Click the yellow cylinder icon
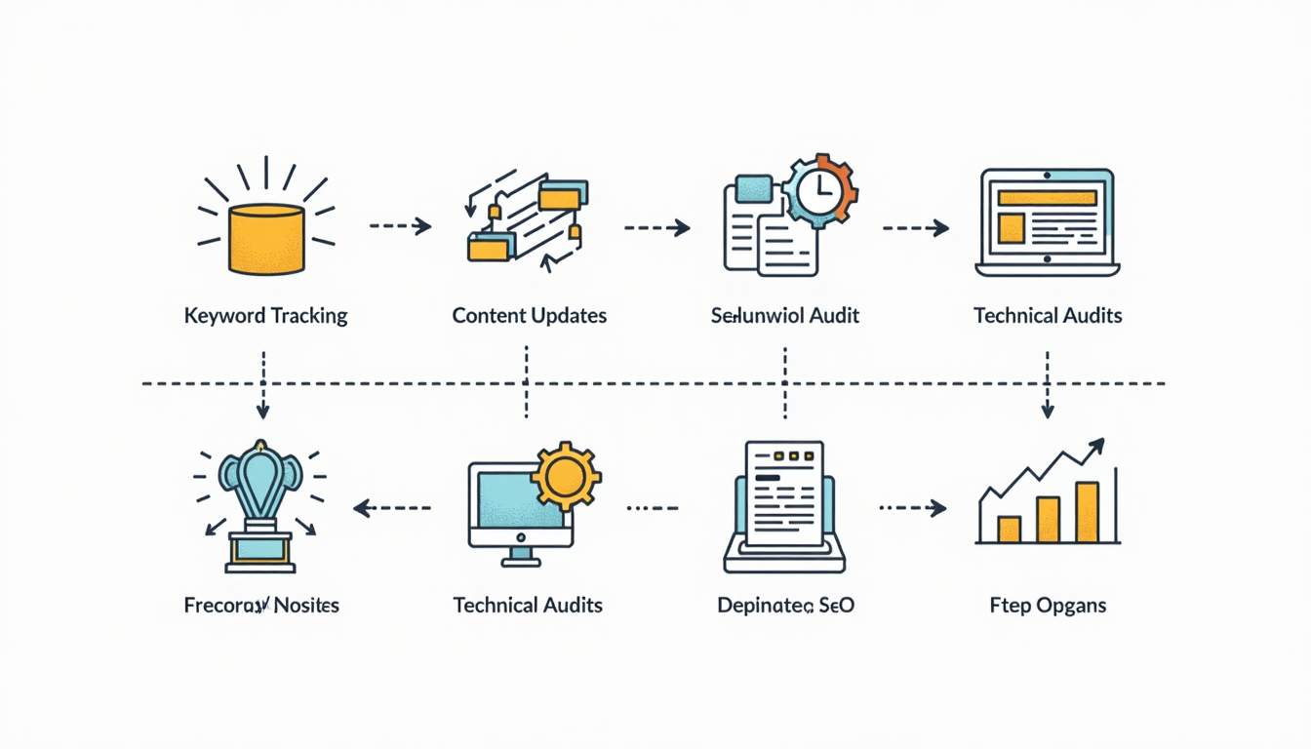click(x=266, y=239)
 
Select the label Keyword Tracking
click(x=265, y=316)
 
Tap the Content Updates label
click(x=529, y=316)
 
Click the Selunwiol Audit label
click(x=785, y=316)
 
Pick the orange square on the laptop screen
click(x=1012, y=228)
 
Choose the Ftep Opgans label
click(x=1048, y=606)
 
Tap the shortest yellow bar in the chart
click(x=1009, y=529)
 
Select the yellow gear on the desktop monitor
click(x=565, y=476)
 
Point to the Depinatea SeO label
click(x=785, y=606)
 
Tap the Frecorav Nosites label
click(x=261, y=606)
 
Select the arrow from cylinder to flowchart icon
click(x=401, y=226)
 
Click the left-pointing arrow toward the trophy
click(x=390, y=508)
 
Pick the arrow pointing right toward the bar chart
click(x=913, y=508)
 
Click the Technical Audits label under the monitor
click(x=528, y=606)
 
